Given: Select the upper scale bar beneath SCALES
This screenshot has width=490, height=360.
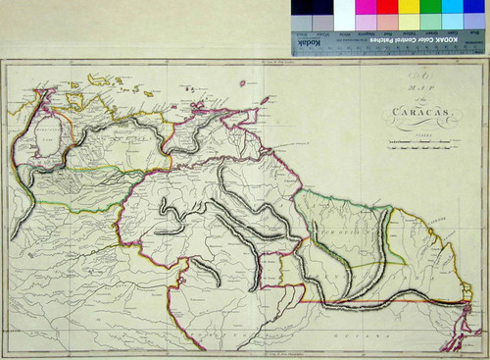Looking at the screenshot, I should pyautogui.click(x=411, y=145).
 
